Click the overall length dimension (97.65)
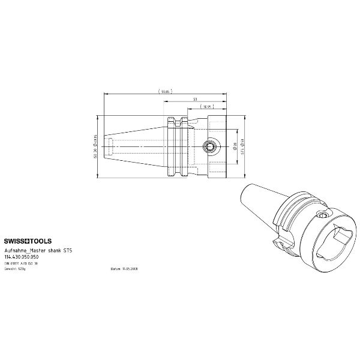(164, 91)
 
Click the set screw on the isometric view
(323, 215)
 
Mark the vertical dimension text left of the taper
(95, 146)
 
